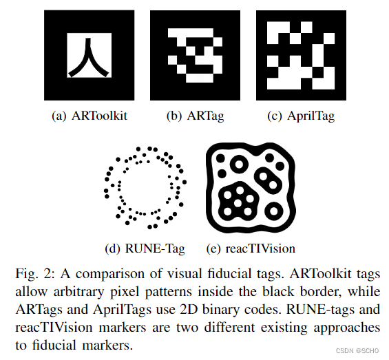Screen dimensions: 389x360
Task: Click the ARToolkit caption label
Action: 90,116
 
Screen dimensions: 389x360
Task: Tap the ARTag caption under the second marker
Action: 196,116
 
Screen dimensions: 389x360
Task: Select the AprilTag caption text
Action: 301,116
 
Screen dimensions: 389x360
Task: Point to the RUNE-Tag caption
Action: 145,248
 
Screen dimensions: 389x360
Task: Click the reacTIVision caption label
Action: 251,248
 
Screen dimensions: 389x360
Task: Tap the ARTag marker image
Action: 196,55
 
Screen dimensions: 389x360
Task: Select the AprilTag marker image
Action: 301,55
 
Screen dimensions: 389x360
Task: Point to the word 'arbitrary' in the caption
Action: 79,292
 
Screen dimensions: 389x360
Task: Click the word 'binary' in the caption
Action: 220,310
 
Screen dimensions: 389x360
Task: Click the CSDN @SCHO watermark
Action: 357,350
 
